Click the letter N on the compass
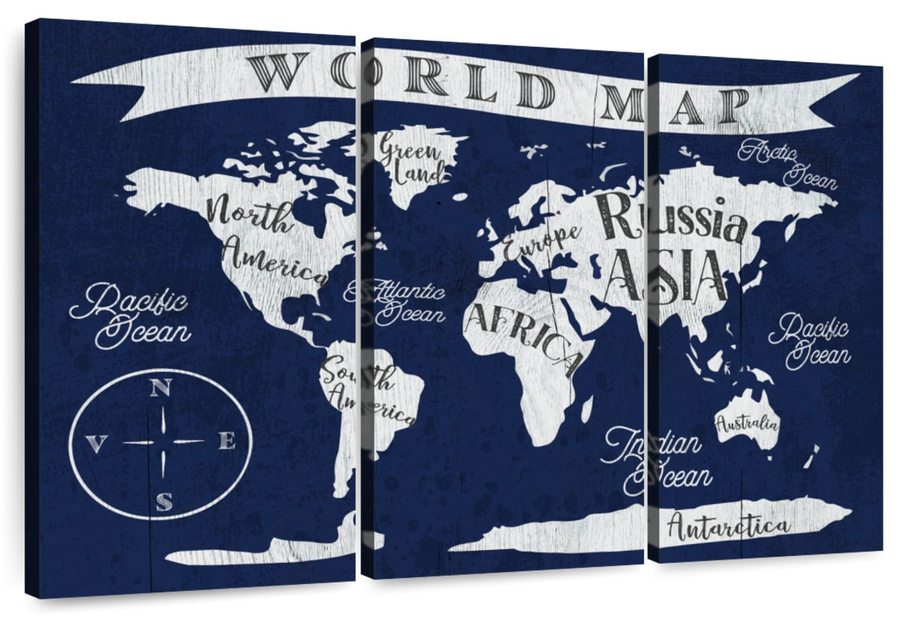[159, 388]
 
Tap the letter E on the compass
[227, 441]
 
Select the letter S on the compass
[163, 501]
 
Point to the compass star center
[163, 441]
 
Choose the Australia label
[747, 423]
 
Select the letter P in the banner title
[732, 107]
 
